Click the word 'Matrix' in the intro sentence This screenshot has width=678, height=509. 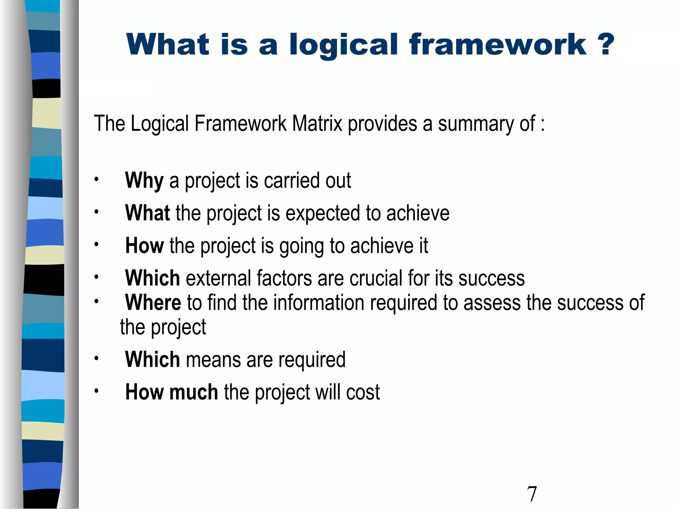click(x=317, y=124)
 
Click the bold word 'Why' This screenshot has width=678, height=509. click(x=144, y=181)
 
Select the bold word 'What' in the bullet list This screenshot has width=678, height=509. click(x=147, y=213)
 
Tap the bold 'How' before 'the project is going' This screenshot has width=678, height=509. click(x=144, y=246)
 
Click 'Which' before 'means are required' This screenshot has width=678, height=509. click(x=152, y=359)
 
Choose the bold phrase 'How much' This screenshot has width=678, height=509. click(x=171, y=392)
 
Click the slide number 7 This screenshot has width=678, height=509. click(x=532, y=494)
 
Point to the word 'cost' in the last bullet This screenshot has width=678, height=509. click(x=363, y=392)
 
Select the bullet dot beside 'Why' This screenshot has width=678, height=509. click(x=96, y=180)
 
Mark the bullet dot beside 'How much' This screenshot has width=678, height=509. click(x=96, y=391)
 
